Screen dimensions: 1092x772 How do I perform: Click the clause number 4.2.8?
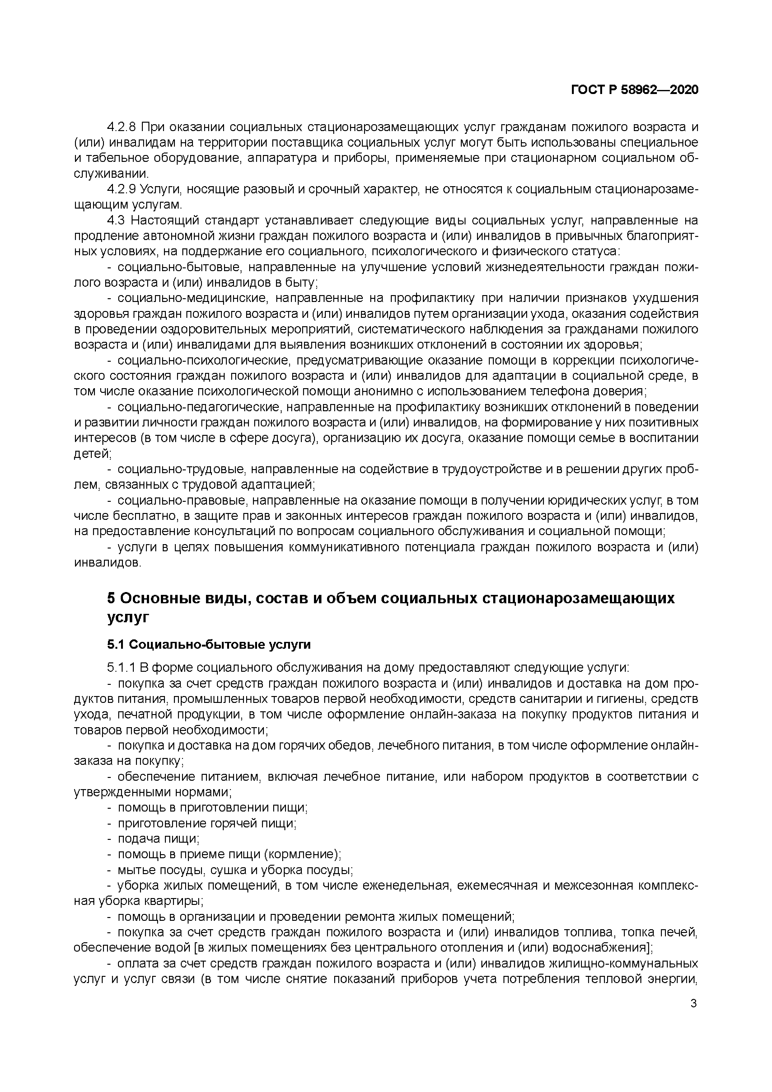(122, 127)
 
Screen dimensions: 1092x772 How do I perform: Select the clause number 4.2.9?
(122, 189)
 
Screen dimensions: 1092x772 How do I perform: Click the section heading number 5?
(111, 598)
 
